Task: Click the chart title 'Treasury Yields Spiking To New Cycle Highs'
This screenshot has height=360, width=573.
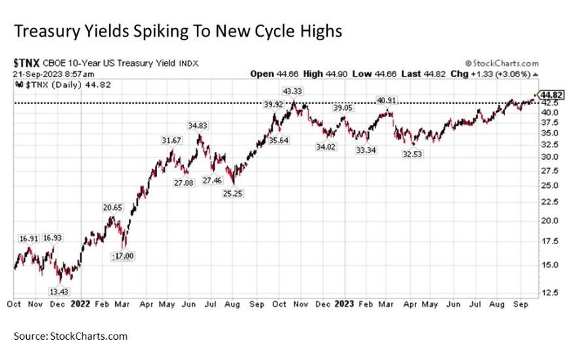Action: (177, 31)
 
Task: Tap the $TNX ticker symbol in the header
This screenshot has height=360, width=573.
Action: (27, 63)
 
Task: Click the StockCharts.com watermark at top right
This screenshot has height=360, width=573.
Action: (503, 63)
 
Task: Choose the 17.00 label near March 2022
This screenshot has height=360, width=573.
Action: (122, 255)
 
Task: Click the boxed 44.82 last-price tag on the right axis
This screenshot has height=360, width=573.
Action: (553, 94)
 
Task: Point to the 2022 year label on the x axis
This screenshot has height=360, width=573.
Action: (80, 304)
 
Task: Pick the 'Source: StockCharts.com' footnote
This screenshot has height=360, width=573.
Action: (71, 336)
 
